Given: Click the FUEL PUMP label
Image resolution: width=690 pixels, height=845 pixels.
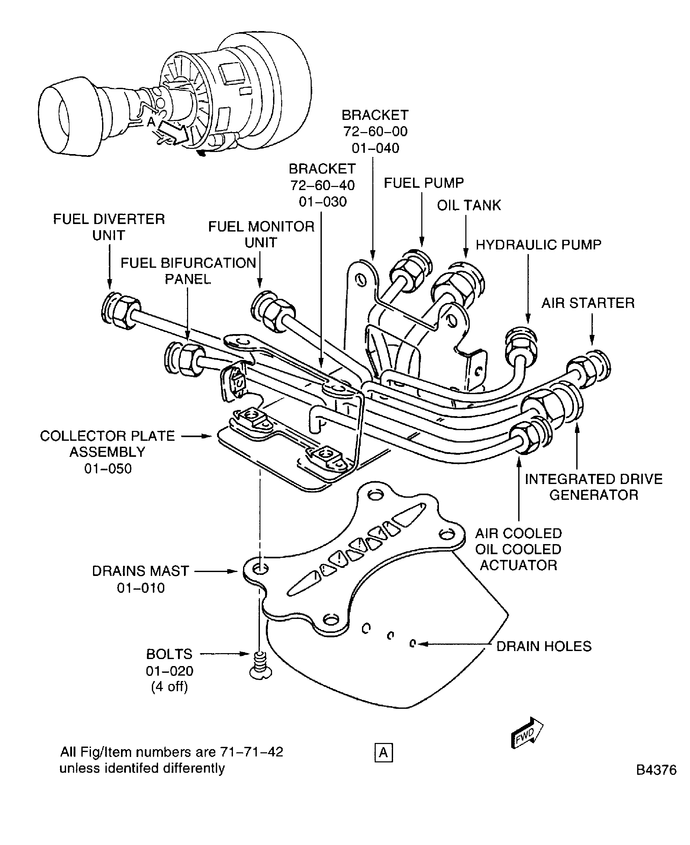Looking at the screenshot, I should click(x=423, y=183).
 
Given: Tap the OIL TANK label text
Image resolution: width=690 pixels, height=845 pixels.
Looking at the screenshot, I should click(x=469, y=205).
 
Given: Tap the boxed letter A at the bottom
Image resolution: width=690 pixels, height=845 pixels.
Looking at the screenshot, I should click(x=383, y=753).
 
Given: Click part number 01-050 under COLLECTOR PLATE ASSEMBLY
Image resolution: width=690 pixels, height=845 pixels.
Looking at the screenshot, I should click(x=108, y=469).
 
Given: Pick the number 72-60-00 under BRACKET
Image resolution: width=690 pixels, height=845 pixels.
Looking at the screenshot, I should click(x=375, y=132).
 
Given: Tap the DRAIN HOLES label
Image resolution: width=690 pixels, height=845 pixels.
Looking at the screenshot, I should click(x=543, y=646).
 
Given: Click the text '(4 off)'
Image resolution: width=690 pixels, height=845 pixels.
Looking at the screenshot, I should click(x=169, y=687).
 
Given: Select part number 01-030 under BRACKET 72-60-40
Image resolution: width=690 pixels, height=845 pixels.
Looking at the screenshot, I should click(x=322, y=202).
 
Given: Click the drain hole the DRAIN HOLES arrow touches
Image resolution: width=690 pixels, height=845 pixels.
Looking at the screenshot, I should click(x=412, y=644).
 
